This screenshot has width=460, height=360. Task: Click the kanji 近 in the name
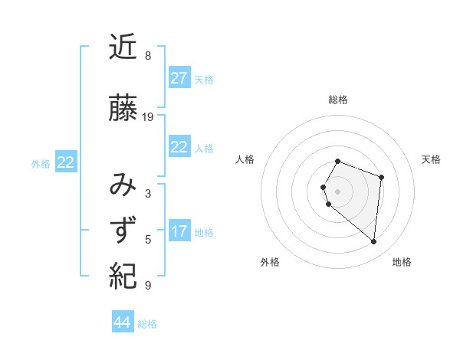pos(123,48)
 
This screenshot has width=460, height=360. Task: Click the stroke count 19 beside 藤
pos(148,117)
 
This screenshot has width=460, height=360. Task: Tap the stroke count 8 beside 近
pos(148,56)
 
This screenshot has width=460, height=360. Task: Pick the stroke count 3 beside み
pos(148,194)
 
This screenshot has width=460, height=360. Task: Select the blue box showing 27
pos(179,78)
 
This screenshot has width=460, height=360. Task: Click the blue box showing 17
pos(179,231)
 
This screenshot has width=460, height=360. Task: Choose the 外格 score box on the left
pos(66,162)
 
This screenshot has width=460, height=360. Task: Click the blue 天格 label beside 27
pos(204,80)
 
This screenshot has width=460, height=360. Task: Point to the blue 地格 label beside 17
pos(204,233)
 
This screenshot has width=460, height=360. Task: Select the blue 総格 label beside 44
pos(147,324)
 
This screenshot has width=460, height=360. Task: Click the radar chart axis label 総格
pos(338,100)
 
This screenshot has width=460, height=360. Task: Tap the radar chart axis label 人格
pos(245,159)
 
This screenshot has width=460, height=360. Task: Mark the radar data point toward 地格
pos(373,242)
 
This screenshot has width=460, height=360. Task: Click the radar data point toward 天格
pos(381,177)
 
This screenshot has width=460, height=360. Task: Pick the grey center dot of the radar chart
pos(337,191)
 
